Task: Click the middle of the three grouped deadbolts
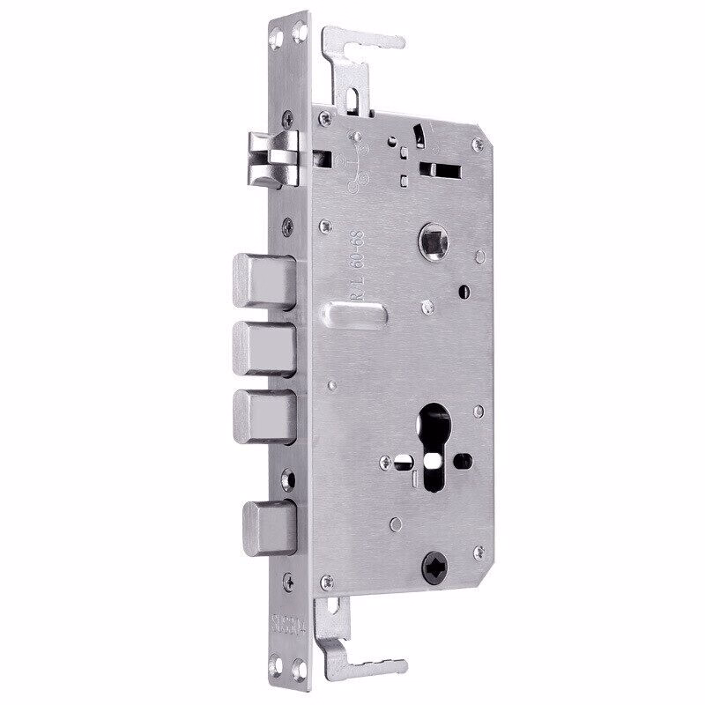[x=264, y=346]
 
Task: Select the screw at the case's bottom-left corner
[x=327, y=579]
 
